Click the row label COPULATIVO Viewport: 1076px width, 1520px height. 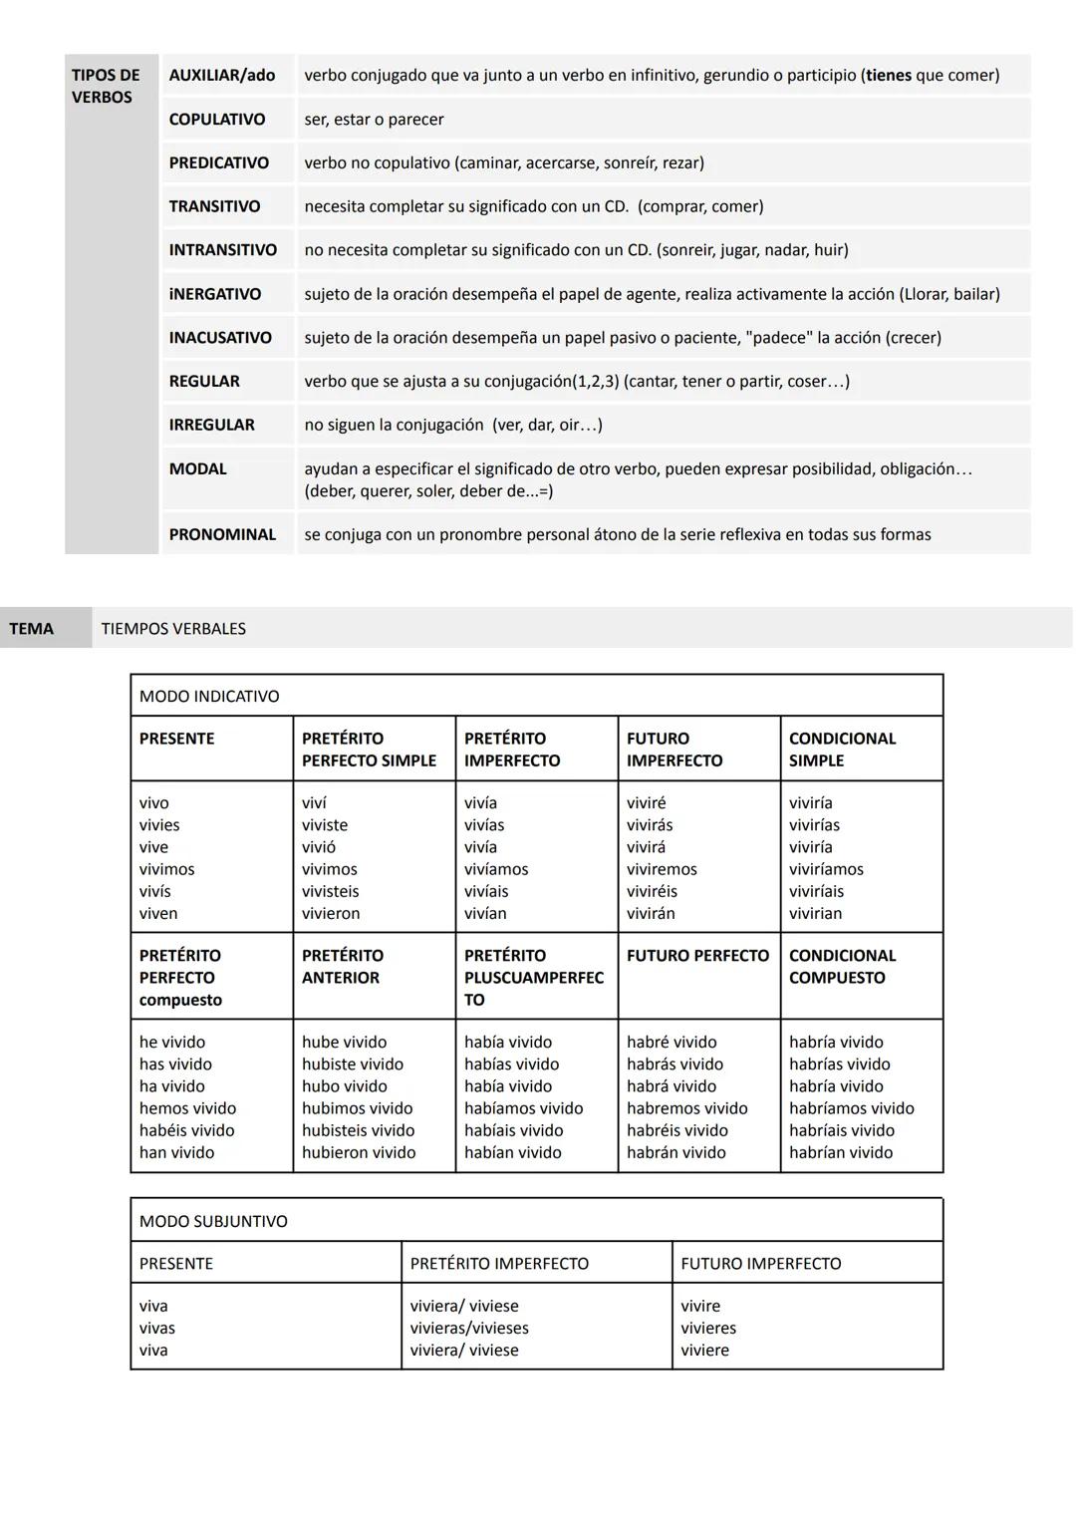(x=217, y=120)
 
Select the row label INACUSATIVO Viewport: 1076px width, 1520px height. (x=220, y=338)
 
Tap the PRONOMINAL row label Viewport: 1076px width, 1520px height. (x=222, y=535)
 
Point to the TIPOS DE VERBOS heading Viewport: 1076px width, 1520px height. (x=106, y=87)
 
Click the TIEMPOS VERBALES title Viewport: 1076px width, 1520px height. (x=173, y=629)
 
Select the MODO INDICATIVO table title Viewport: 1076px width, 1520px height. (x=209, y=697)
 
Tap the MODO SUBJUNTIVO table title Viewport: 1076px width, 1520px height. (x=213, y=1222)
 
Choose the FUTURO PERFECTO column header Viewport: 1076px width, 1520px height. (x=697, y=956)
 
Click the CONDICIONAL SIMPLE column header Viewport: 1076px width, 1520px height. (x=842, y=750)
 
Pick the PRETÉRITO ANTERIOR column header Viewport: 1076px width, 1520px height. (x=342, y=967)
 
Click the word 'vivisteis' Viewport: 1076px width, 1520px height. (x=331, y=892)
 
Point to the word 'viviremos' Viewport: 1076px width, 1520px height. (x=662, y=870)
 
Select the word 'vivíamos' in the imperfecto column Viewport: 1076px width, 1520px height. (x=496, y=870)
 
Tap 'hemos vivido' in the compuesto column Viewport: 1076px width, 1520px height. (x=188, y=1109)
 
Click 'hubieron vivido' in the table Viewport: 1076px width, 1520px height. (x=359, y=1153)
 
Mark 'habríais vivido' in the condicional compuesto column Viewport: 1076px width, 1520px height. (x=842, y=1131)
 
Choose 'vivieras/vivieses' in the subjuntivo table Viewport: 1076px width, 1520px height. (x=469, y=1329)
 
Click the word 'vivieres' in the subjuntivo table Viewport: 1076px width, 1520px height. (x=708, y=1329)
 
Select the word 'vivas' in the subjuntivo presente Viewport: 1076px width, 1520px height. (x=157, y=1329)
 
